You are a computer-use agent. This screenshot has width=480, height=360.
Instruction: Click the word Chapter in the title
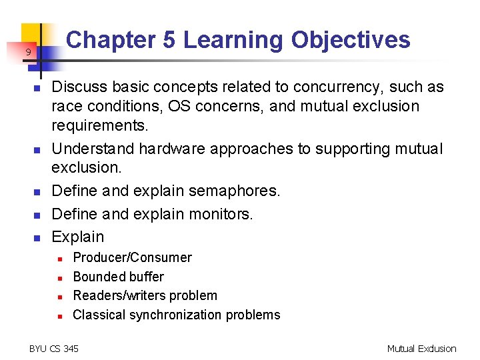coord(111,40)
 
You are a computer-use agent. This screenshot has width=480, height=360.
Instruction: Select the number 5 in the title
coord(169,40)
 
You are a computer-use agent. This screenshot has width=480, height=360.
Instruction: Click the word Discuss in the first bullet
coord(76,87)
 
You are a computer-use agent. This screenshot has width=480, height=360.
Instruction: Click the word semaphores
coord(234,191)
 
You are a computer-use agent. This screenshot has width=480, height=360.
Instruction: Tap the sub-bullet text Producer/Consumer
coord(132,257)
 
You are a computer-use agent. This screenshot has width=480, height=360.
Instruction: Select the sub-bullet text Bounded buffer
coord(118,277)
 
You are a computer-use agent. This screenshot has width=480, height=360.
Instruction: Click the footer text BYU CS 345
coord(54,349)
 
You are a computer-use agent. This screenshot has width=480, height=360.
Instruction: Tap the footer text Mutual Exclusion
coord(421,349)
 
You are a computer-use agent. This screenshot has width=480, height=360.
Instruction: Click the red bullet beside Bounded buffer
coord(59,277)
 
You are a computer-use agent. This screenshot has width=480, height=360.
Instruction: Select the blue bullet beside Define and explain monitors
coord(38,215)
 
